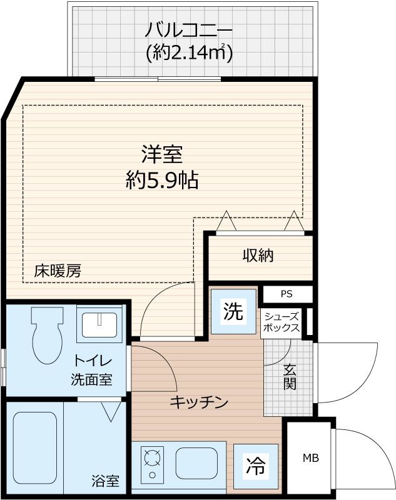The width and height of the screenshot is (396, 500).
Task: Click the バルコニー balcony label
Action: [189, 29]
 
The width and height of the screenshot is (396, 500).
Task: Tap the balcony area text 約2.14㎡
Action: [189, 53]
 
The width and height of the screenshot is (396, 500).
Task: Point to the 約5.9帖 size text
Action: [161, 181]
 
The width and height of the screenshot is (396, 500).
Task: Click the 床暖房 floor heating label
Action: [57, 271]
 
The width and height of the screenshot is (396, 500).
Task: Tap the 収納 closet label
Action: [258, 255]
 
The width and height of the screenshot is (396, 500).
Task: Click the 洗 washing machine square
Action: [233, 311]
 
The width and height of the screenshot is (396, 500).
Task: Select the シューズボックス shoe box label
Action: [281, 322]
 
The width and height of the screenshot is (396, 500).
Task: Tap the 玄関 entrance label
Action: [289, 376]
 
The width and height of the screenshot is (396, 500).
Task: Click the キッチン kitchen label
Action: [198, 402]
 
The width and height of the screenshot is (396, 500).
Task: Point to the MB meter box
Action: [311, 458]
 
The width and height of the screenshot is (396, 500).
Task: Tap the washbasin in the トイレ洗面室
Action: [99, 323]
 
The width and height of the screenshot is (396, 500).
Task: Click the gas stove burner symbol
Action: [151, 461]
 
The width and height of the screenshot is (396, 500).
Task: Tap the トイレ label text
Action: [93, 361]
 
